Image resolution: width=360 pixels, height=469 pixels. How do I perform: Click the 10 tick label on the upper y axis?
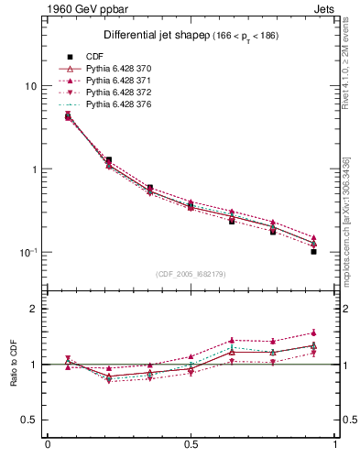point(31,86)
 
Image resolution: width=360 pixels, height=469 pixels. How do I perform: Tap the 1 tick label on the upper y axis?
point(34,169)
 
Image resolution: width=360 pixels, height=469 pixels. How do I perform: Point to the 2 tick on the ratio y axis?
point(34,309)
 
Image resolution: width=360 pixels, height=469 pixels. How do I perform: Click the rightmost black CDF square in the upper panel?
point(313,250)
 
